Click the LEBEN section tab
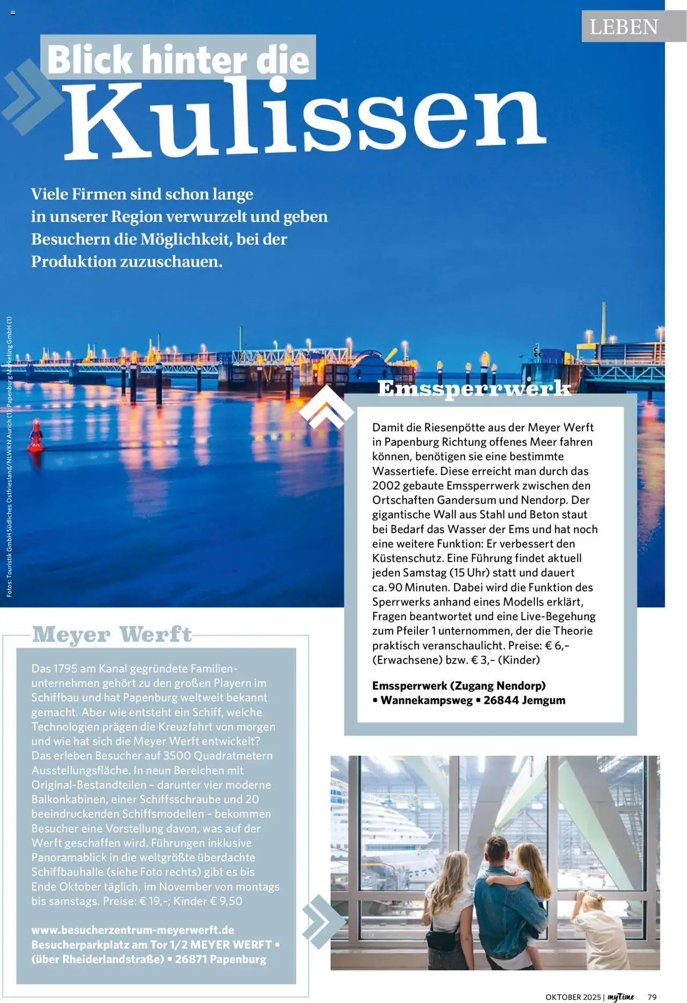coord(624,27)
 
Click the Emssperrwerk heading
coord(474,387)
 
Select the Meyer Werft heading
coord(112,634)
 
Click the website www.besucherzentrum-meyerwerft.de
coord(133,930)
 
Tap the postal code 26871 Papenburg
coord(221,959)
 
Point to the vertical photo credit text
coord(9,456)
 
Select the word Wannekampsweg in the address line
coord(427,700)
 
